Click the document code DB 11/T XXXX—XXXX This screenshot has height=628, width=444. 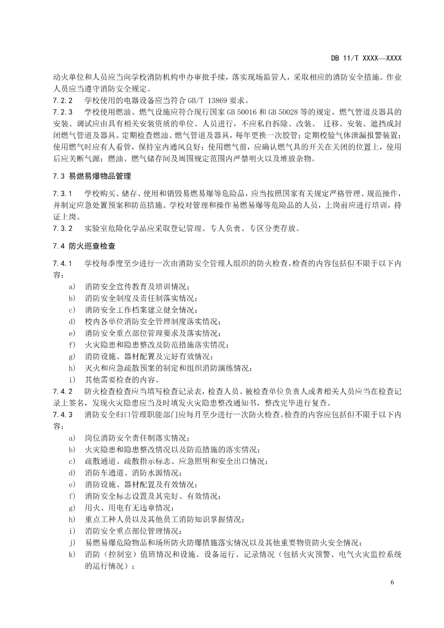(366, 58)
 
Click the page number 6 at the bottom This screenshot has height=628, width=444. (392, 582)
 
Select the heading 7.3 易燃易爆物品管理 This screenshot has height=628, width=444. (92, 176)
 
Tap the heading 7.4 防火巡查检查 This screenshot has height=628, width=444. (84, 246)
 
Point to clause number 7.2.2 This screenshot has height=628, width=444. (62, 100)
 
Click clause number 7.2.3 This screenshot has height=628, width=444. (62, 112)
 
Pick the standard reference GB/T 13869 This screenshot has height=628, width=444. (210, 100)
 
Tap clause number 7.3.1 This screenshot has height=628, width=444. (62, 193)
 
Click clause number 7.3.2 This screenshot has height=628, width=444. (62, 228)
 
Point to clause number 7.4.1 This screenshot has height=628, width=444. (62, 263)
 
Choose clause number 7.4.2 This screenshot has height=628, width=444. (62, 391)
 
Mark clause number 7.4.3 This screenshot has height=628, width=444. (62, 415)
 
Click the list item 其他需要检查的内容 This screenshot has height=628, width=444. (122, 380)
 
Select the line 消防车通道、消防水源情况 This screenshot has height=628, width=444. (133, 473)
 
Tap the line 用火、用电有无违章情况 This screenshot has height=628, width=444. (129, 508)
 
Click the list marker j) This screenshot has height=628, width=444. (72, 543)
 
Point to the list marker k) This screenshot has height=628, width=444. (72, 554)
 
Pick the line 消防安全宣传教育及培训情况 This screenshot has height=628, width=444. (137, 287)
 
